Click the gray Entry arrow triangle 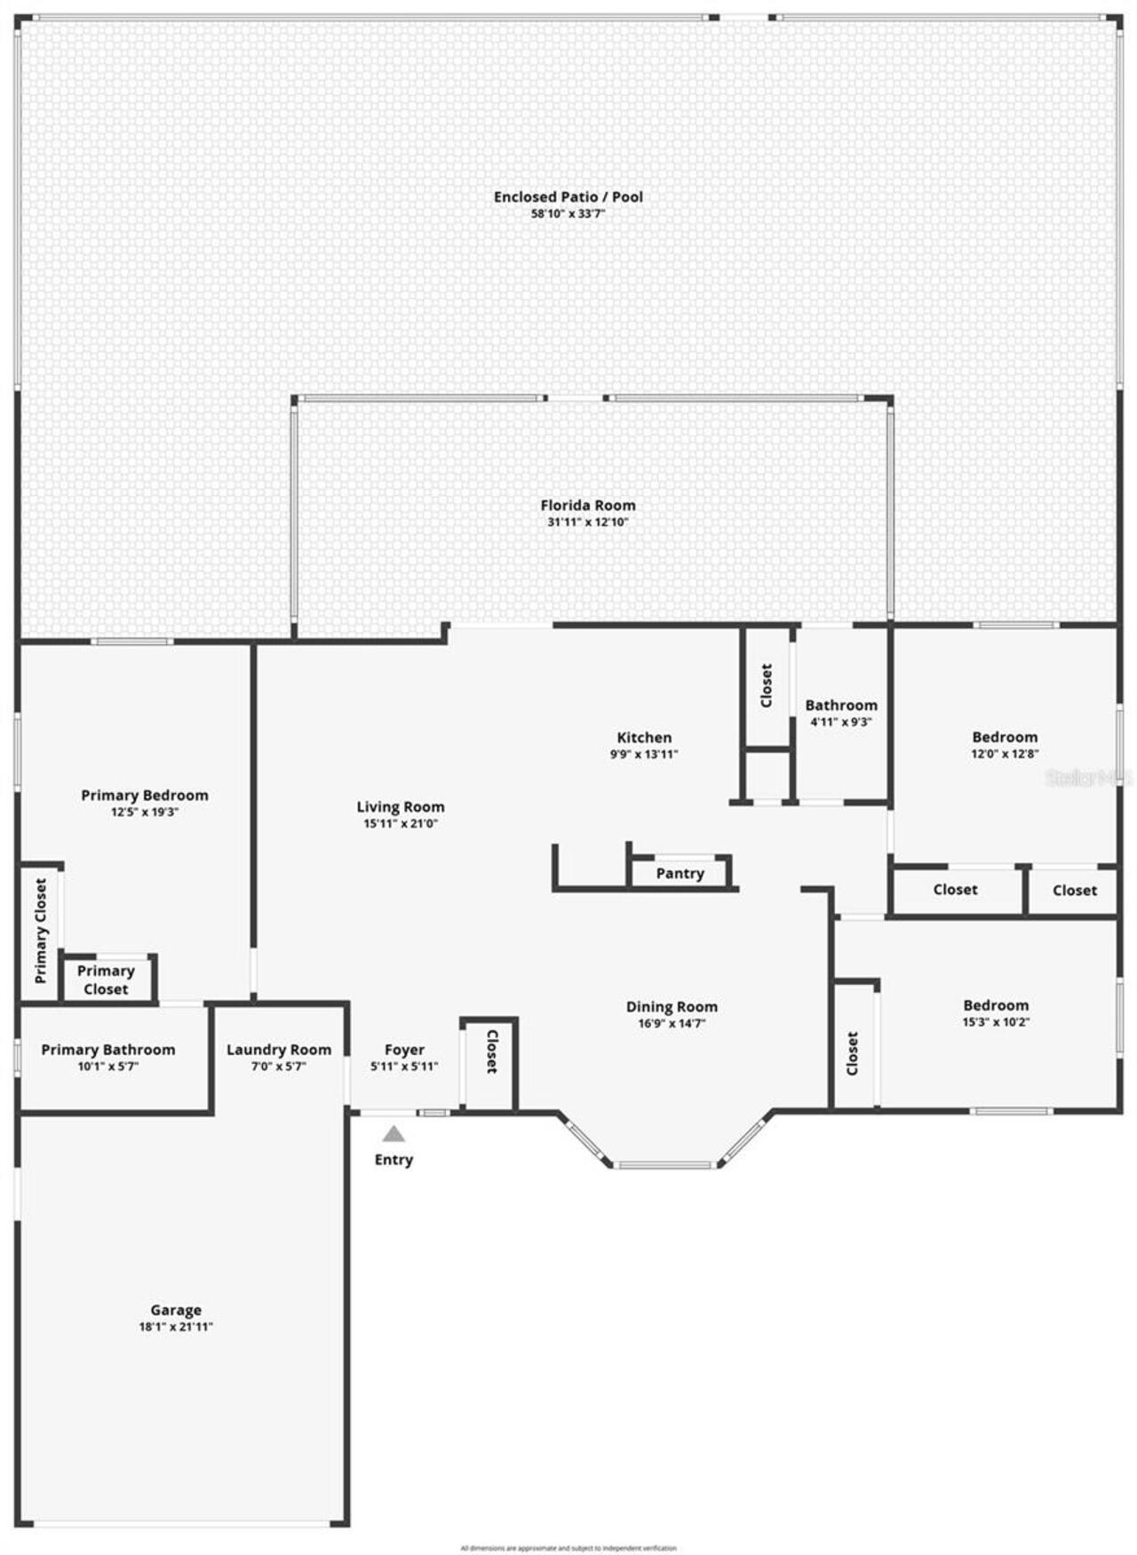point(394,1134)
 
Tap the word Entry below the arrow point(394,1160)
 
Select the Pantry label point(680,874)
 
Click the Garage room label point(176,1310)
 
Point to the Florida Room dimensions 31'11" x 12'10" point(588,522)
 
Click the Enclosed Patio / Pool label point(568,197)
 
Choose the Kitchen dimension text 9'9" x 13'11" point(644,754)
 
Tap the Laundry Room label point(279,1050)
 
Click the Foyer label point(404,1050)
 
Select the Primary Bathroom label point(108,1050)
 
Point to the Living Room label point(401,807)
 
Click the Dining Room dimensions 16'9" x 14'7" point(672,1023)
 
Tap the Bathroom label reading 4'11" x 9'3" point(841,722)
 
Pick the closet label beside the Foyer point(491,1051)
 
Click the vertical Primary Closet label point(41,931)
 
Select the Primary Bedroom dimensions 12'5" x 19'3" point(145,812)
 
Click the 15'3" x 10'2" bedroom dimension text point(996,1022)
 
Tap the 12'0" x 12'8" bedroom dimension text point(1005,753)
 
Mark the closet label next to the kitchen point(767,686)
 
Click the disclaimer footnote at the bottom point(568,1548)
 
